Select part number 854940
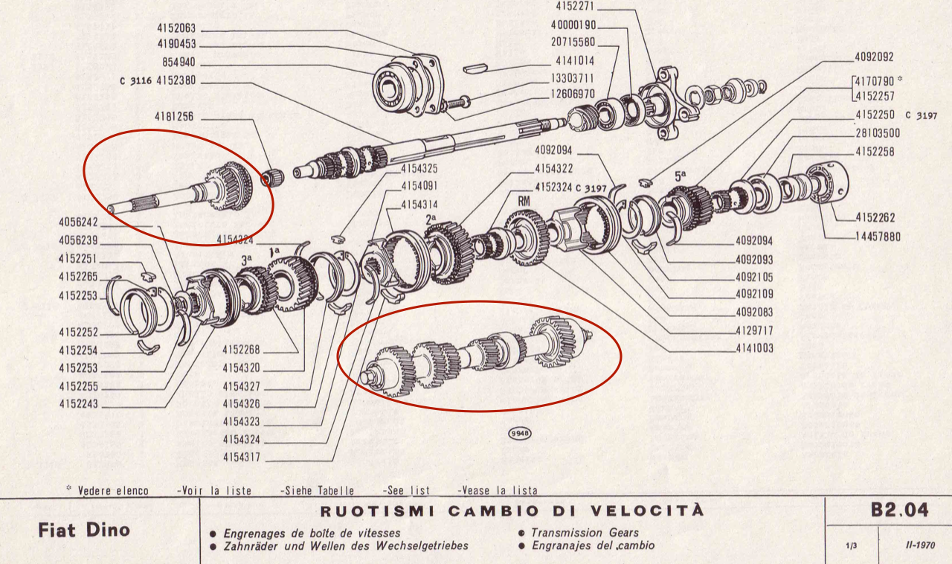point(178,62)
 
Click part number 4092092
point(874,57)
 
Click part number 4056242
point(78,222)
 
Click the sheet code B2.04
point(898,512)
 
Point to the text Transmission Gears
point(584,533)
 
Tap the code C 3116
point(135,81)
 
